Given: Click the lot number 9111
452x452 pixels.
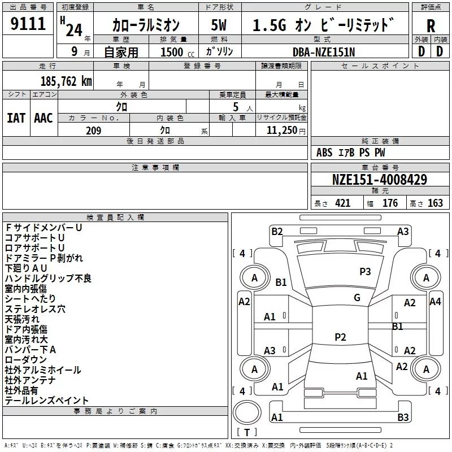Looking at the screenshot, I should [x=28, y=24].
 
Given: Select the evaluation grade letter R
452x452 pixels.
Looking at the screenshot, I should [x=431, y=25].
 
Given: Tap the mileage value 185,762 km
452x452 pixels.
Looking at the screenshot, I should [x=66, y=81].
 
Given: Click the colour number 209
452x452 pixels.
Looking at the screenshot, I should [x=93, y=131].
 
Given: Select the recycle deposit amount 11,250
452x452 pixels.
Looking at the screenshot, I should [x=279, y=131].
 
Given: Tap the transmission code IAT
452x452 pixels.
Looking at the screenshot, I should [x=16, y=118].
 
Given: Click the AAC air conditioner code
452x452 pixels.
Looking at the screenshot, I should [x=44, y=118].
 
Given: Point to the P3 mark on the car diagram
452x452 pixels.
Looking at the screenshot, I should [x=366, y=272].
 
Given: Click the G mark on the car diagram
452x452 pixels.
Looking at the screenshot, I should [x=357, y=298].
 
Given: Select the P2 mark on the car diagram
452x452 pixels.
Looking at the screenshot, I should [x=340, y=337].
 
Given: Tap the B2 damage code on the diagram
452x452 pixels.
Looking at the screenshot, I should [x=277, y=231].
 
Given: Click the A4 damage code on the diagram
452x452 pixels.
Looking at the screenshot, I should [x=435, y=302].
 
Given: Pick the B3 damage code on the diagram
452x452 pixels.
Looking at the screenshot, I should [x=403, y=418].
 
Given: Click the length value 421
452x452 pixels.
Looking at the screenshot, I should [x=342, y=203].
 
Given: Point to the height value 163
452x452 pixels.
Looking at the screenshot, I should [x=435, y=203].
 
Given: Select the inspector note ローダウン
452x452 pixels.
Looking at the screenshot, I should [x=26, y=360].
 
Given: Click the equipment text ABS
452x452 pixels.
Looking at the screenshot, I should [x=325, y=153].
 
